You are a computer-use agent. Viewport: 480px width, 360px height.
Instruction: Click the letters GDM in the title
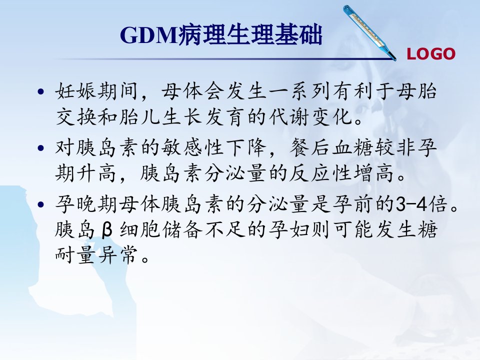[x=149, y=35]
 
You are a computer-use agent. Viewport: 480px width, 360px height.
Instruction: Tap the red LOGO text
[x=431, y=54]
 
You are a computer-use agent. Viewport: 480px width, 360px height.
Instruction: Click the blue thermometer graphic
[x=369, y=32]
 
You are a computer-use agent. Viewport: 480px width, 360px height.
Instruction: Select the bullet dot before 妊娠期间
[x=40, y=91]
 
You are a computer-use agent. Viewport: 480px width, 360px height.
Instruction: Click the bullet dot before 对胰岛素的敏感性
[x=40, y=148]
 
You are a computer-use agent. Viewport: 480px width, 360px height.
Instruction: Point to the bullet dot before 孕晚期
[x=40, y=204]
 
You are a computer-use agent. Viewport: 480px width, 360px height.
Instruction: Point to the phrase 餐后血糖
[x=331, y=147]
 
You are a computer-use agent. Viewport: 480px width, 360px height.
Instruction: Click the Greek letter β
[x=106, y=230]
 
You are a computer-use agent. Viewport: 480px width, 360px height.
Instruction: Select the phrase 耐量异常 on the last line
[x=96, y=255]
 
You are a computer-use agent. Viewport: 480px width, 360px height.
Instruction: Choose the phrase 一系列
[x=289, y=91]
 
